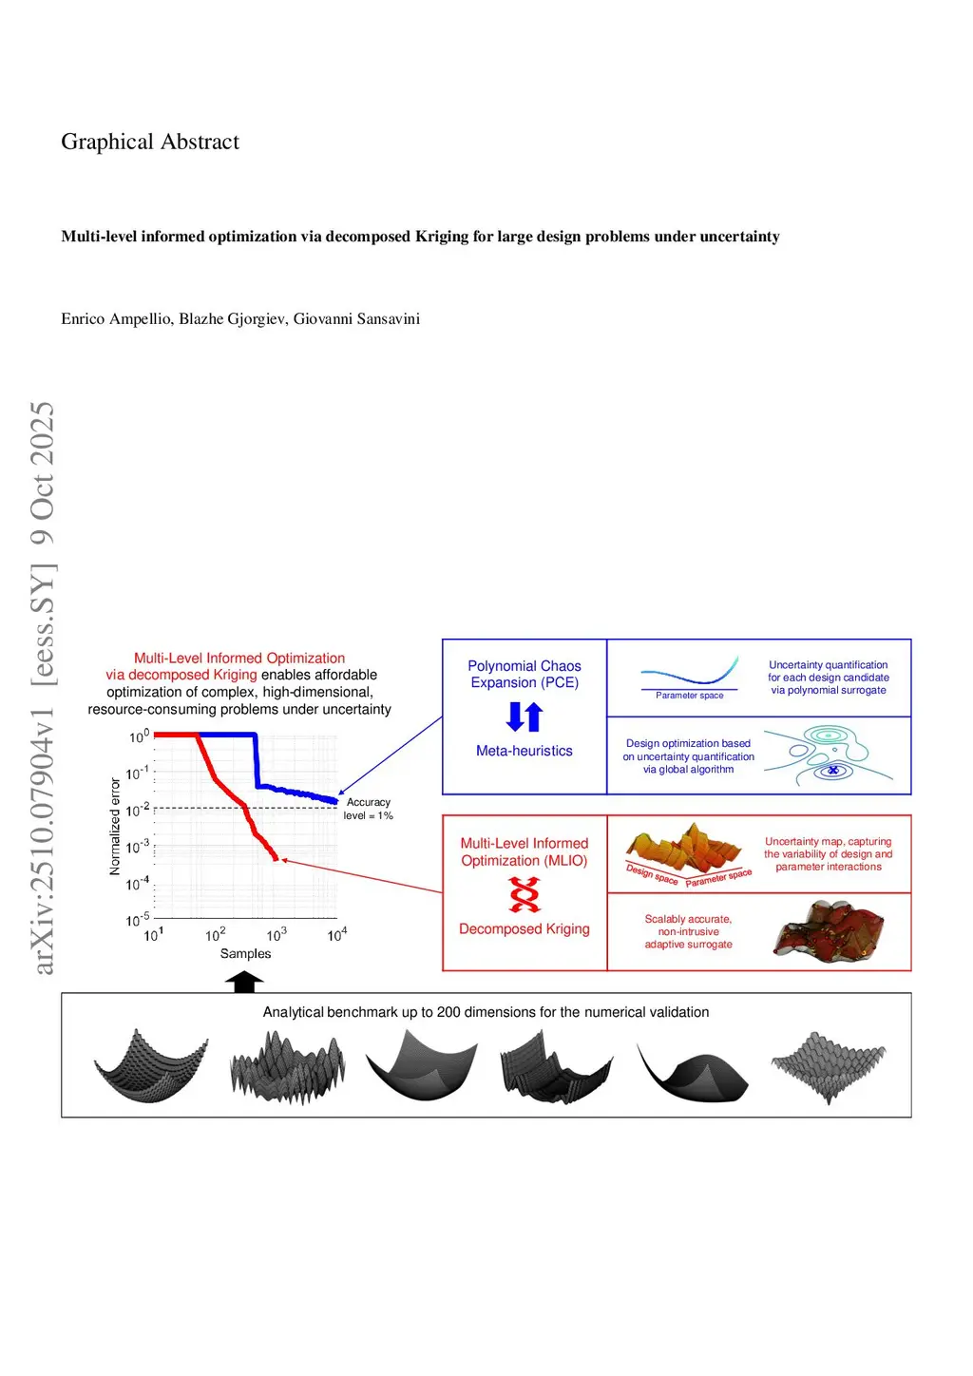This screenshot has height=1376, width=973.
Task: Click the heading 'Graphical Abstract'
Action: click(150, 142)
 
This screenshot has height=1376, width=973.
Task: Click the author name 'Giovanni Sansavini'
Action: click(356, 319)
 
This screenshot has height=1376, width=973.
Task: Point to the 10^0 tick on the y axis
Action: click(139, 736)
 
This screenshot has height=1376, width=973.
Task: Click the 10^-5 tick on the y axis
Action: click(138, 920)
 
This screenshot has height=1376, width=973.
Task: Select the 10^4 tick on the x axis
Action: click(337, 935)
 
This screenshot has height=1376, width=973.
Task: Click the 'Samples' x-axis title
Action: click(245, 953)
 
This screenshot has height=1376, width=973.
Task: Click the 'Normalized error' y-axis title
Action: click(115, 827)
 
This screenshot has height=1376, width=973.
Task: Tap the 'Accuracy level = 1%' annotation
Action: click(368, 809)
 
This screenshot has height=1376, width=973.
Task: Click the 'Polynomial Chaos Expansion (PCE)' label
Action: click(525, 674)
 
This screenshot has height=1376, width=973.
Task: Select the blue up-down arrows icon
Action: click(525, 717)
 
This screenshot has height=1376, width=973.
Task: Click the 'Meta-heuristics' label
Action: click(525, 751)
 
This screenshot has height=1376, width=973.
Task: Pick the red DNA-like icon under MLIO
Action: click(525, 894)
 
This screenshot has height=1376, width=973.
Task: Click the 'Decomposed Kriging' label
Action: click(525, 929)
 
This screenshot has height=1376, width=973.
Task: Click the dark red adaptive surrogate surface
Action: click(829, 928)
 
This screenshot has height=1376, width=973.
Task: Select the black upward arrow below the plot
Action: click(244, 983)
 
